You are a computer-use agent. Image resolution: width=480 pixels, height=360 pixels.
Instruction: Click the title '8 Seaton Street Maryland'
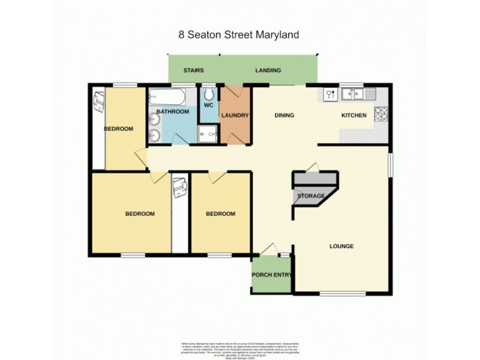click(x=239, y=34)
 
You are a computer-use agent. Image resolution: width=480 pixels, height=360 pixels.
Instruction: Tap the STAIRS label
click(x=193, y=70)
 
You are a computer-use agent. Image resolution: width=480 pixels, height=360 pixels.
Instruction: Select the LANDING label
click(x=268, y=70)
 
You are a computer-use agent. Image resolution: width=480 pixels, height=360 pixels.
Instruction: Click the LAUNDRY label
click(x=235, y=115)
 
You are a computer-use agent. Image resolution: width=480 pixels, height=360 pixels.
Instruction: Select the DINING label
click(x=284, y=115)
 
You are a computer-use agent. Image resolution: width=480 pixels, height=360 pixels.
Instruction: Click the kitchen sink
click(x=357, y=94)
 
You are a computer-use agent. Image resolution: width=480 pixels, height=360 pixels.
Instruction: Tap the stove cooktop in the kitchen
click(x=381, y=114)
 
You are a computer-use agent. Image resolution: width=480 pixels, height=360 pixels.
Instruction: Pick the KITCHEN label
click(x=353, y=115)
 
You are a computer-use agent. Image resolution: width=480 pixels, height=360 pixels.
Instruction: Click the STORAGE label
click(x=311, y=196)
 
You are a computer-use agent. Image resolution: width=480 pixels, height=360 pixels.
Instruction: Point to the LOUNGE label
click(x=341, y=246)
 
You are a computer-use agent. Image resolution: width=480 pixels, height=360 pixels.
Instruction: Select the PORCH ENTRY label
click(x=273, y=275)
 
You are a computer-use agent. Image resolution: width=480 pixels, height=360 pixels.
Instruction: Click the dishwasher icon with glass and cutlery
click(x=329, y=94)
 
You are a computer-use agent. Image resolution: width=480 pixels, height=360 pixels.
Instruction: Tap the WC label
click(x=208, y=106)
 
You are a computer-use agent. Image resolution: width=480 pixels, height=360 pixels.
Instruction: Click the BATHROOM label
click(x=173, y=112)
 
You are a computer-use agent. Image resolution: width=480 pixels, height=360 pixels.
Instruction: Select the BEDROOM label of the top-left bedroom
click(x=118, y=129)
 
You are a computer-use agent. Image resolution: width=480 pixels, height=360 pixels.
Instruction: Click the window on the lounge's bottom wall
click(x=336, y=293)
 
